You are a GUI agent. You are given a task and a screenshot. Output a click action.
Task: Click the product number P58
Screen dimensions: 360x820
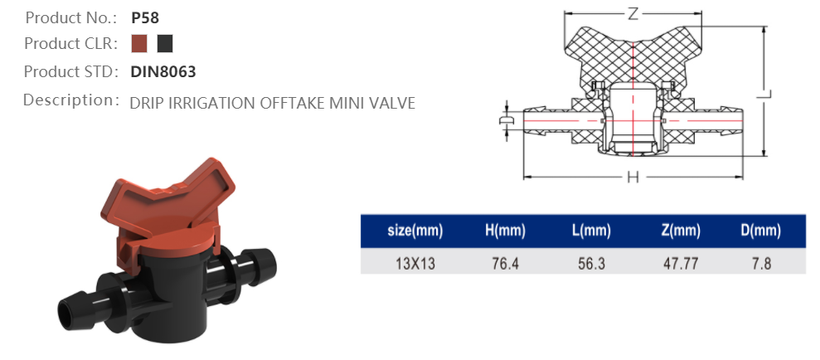[144, 17]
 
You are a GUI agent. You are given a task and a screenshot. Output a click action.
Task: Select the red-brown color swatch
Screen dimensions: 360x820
[139, 43]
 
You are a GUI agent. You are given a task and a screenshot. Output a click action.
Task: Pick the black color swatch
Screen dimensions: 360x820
[165, 43]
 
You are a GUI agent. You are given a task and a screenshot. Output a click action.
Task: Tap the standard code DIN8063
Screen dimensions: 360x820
[163, 71]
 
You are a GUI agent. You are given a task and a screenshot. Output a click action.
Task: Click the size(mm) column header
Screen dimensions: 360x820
[412, 231]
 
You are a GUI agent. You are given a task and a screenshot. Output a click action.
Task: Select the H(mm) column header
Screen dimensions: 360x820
[502, 231]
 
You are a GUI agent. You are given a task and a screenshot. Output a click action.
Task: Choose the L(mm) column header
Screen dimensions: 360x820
[591, 231]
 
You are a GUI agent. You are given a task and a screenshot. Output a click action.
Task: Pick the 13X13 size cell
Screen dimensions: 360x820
[412, 263]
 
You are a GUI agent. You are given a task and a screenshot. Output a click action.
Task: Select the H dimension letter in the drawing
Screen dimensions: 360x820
[633, 178]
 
